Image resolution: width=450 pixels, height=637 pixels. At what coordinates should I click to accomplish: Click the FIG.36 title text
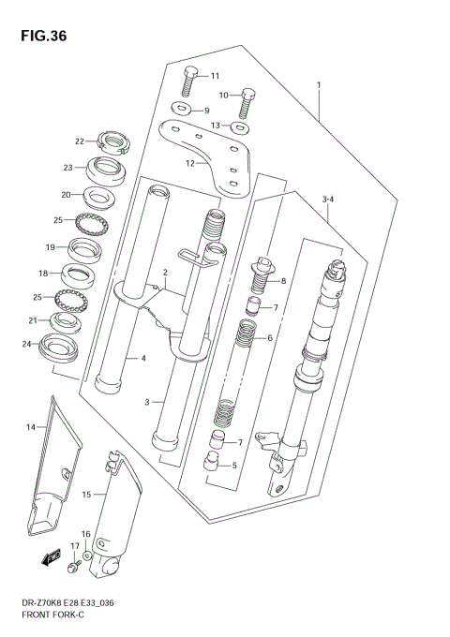(x=40, y=36)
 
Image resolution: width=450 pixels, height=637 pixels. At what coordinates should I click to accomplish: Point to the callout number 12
(x=188, y=163)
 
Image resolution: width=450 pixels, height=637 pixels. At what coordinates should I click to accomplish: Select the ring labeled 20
(x=96, y=197)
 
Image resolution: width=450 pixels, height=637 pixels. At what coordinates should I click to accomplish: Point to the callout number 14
(x=30, y=427)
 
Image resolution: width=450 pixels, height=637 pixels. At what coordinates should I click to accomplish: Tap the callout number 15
(x=87, y=494)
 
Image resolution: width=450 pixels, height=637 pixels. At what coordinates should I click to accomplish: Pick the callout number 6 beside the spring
(x=269, y=338)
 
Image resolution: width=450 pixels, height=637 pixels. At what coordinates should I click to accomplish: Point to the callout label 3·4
(x=328, y=199)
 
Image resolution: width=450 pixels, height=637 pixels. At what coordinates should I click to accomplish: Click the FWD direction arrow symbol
(x=49, y=561)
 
